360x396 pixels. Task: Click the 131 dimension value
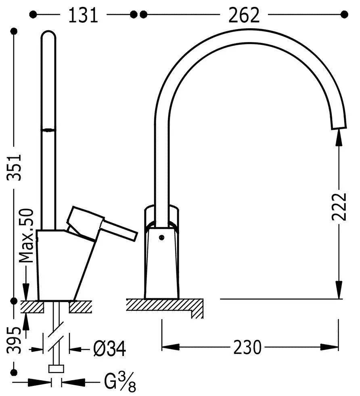[83, 15]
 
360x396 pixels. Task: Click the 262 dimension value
[244, 15]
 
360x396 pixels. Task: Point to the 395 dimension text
[14, 340]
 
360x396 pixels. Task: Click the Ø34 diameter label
[109, 349]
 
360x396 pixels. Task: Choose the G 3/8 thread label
[120, 381]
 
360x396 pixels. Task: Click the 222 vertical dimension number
[339, 207]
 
